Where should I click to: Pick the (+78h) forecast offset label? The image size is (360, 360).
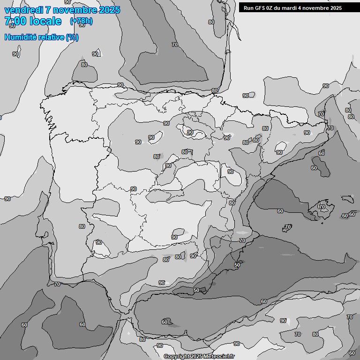pos(81,21)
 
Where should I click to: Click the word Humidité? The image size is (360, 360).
pos(21,37)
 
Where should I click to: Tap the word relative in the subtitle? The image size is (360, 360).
pos(51,37)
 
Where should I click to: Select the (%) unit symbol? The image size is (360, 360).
pos(72,37)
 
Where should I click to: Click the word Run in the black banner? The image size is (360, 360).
pos(248,8)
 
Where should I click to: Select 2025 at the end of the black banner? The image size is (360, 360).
pos(335,8)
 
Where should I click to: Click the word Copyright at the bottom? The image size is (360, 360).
pos(176,357)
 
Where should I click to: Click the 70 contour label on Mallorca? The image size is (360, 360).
pos(322,207)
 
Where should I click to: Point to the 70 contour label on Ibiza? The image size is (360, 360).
pos(288,227)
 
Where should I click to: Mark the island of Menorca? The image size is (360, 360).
pos(347,199)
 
